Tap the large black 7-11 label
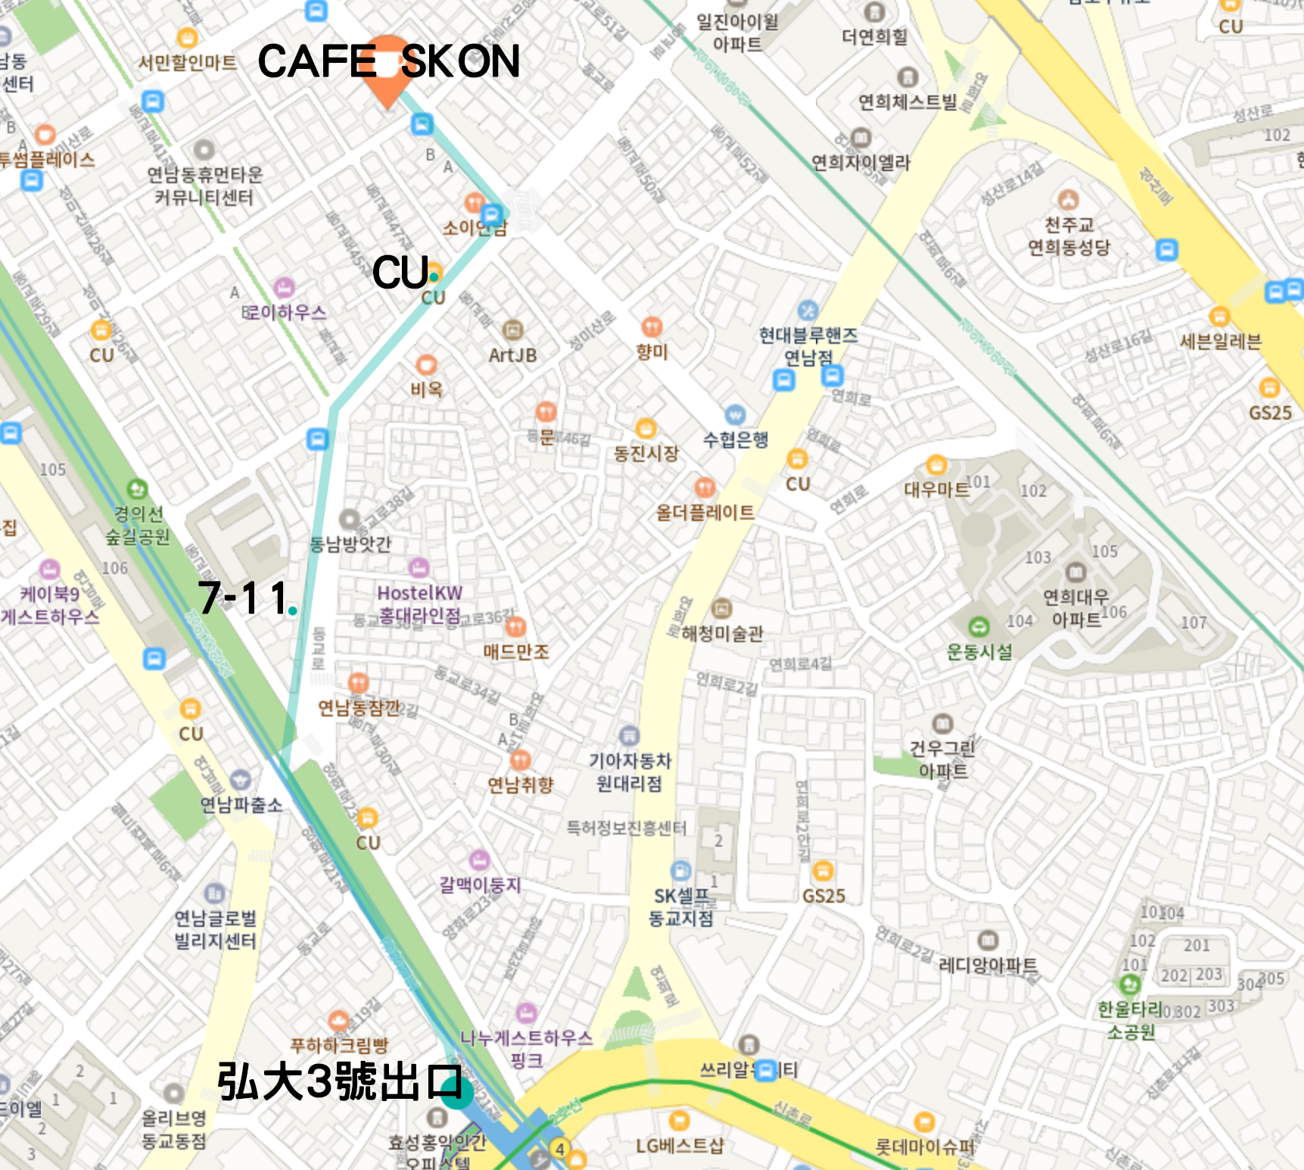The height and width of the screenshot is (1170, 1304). [x=242, y=598]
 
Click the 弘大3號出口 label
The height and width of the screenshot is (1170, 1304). [x=338, y=1081]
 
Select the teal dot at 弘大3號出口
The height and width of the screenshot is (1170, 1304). [x=457, y=1094]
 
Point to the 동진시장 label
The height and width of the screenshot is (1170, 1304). [x=646, y=454]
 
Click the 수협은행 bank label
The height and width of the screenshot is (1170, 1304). [x=736, y=439]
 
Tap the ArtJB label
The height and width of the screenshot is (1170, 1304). [x=512, y=355]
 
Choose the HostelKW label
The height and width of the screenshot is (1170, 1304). [x=419, y=593]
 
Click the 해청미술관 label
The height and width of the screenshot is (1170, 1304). [x=722, y=633]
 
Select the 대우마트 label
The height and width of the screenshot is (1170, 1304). [x=936, y=489]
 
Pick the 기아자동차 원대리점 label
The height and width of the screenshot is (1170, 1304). [x=630, y=772]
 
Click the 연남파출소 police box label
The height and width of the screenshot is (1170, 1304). [x=241, y=804]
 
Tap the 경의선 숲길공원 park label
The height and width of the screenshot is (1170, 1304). [x=138, y=526]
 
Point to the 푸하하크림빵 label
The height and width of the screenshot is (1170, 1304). [x=339, y=1045]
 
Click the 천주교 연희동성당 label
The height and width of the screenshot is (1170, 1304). [x=1069, y=236]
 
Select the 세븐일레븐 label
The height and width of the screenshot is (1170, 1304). [x=1220, y=342]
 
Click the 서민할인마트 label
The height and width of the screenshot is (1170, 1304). [x=187, y=62]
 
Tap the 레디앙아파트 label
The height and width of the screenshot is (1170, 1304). [x=988, y=965]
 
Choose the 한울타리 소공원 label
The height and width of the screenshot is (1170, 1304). [x=1130, y=1020]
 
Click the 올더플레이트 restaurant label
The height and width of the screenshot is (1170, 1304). [x=705, y=513]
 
